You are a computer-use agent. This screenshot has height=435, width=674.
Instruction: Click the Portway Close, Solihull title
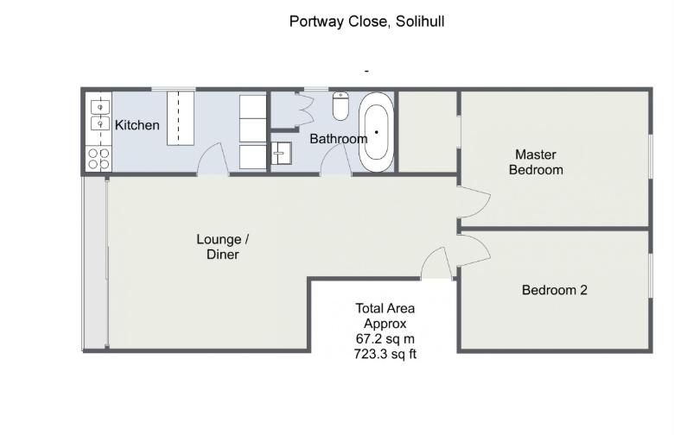[366, 22]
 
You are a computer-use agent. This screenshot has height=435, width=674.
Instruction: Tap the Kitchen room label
[137, 125]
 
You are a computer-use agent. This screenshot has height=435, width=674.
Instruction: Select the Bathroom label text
[338, 139]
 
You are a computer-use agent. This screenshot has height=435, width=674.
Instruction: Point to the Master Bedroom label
[536, 162]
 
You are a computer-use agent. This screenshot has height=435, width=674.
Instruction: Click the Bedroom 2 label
[555, 290]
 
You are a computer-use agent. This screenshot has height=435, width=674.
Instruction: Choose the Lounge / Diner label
[223, 247]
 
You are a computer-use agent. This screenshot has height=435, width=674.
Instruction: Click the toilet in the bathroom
[340, 105]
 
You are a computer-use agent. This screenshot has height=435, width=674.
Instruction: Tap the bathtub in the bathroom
[376, 132]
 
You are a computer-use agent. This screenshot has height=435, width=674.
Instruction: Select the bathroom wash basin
[281, 154]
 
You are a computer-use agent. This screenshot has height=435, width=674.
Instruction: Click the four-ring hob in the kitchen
[99, 159]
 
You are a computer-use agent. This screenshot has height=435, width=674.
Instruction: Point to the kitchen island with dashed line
[181, 118]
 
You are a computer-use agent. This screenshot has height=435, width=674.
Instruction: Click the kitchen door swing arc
[213, 159]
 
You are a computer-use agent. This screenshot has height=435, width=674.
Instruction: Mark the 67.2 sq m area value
[385, 339]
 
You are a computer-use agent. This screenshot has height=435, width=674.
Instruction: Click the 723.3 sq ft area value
[385, 354]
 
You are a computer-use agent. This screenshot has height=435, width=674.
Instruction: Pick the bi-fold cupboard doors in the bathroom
[306, 110]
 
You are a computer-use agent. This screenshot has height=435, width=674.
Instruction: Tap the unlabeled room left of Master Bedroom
[427, 131]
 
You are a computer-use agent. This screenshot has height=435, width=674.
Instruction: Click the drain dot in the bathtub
[376, 132]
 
